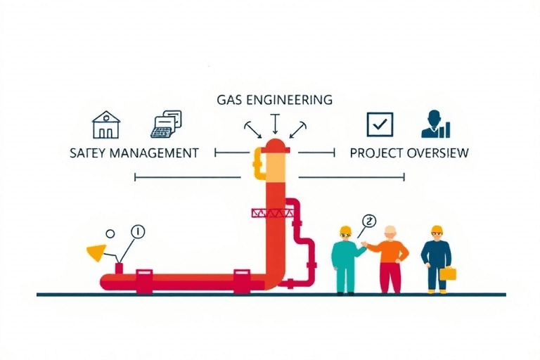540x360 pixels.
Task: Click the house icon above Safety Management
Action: (105, 124)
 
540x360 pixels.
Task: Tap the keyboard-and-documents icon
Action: (166, 124)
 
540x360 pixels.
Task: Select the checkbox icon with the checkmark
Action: (380, 124)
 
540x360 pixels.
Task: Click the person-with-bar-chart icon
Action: (435, 124)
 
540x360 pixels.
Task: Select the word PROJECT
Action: (376, 153)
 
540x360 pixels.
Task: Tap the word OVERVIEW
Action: (438, 153)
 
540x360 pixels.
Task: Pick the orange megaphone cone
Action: (95, 251)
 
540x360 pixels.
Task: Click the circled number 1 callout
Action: (137, 231)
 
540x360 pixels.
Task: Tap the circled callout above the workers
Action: (368, 221)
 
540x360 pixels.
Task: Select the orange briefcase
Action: (447, 273)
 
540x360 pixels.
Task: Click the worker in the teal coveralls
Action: (345, 260)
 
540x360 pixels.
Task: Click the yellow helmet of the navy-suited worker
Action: (437, 230)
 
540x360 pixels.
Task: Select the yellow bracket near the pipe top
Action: (257, 162)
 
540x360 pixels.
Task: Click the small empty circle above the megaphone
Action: (110, 233)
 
